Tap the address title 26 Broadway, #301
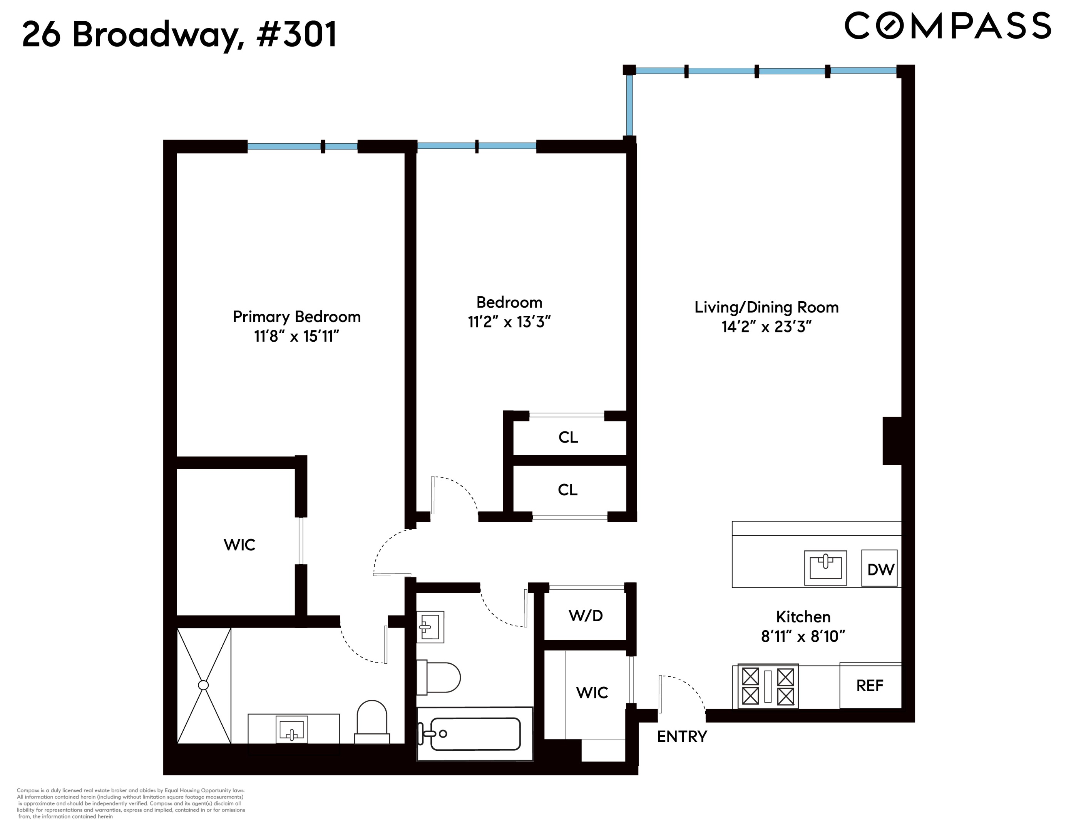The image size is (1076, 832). click(180, 35)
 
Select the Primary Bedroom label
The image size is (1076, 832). click(296, 317)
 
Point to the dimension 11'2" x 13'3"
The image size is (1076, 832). click(509, 322)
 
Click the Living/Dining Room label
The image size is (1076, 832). click(766, 307)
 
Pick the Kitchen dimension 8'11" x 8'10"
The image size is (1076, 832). click(803, 636)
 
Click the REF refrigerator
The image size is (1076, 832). click(870, 685)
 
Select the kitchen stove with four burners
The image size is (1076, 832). click(767, 686)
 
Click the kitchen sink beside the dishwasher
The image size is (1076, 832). click(825, 567)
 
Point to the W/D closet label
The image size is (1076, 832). click(585, 615)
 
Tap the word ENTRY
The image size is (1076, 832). click(682, 736)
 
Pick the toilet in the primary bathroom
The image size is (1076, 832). click(372, 721)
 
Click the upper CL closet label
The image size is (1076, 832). click(568, 437)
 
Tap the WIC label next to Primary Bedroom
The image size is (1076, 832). click(239, 545)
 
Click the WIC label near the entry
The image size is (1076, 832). click(592, 693)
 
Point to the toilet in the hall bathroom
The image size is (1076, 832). click(438, 678)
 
